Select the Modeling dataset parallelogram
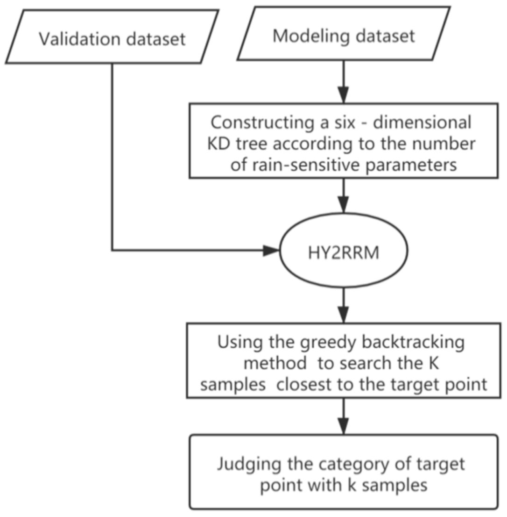[x=344, y=36]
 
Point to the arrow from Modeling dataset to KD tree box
[x=344, y=84]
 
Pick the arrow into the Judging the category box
[x=344, y=416]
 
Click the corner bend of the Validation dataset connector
[x=113, y=250]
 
